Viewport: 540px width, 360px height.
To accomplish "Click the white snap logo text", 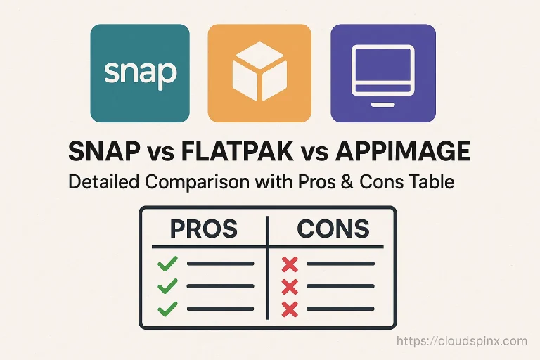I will coord(139,72).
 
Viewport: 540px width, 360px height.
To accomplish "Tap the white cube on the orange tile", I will coord(259,72).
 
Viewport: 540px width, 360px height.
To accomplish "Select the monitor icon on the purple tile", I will coord(382,67).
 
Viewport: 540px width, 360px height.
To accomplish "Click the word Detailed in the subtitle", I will coord(103,182).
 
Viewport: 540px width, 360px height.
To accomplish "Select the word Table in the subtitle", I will coord(432,182).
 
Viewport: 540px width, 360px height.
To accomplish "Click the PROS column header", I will coord(203,229).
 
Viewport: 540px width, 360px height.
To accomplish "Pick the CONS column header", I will coord(333,229).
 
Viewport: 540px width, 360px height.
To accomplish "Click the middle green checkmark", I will coord(167,286).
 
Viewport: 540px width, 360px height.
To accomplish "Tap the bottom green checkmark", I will coord(167,309).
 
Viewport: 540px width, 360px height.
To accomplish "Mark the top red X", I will coord(290,264).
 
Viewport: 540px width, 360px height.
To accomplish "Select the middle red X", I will coord(290,287).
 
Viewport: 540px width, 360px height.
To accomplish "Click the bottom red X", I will coord(290,309).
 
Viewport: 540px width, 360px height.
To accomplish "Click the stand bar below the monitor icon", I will coord(382,103).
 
